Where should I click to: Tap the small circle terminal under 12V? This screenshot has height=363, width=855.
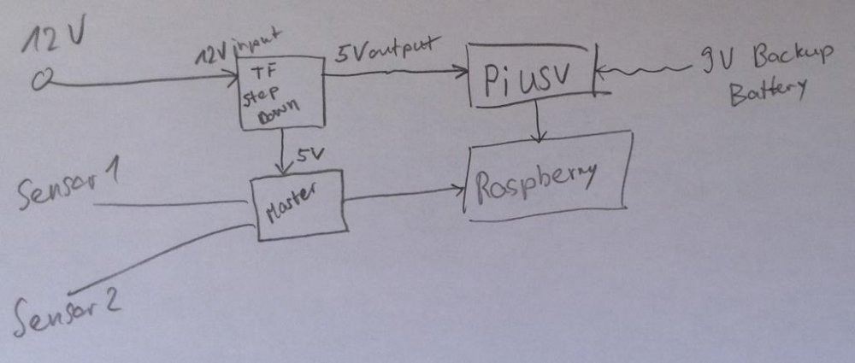41,82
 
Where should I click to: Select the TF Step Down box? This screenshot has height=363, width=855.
271,94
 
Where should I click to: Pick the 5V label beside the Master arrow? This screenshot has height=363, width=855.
309,156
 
